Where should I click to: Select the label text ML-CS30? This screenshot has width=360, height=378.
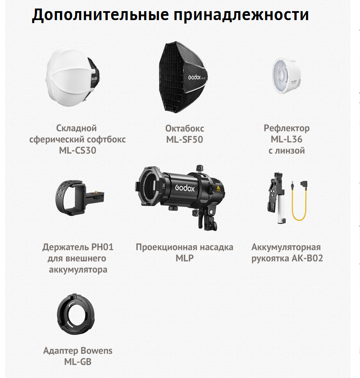[78, 151]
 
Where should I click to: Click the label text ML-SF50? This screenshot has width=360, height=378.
[184, 139]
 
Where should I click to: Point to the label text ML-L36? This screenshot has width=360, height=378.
[286, 139]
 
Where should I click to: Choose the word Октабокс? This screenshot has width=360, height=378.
[185, 128]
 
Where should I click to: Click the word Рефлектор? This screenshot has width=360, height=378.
[286, 128]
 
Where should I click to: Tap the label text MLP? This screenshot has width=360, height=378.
[184, 258]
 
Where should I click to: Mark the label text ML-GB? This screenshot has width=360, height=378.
[78, 362]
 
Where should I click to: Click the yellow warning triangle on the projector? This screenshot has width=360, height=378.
[218, 189]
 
